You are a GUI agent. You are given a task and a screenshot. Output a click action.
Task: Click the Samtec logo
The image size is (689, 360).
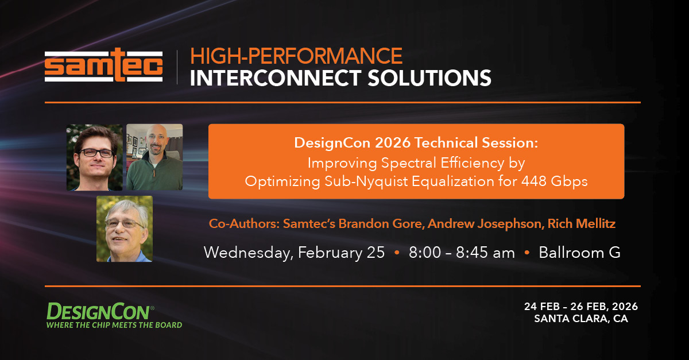pyautogui.click(x=104, y=68)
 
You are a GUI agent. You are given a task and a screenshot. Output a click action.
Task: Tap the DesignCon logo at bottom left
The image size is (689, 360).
pyautogui.click(x=100, y=311)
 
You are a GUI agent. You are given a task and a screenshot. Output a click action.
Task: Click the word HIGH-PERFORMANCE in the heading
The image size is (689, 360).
pyautogui.click(x=296, y=56)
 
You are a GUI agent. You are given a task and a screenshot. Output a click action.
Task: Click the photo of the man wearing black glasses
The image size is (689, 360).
pyautogui.click(x=94, y=157)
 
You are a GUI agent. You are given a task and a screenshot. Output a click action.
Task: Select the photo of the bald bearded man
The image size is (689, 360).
pyautogui.click(x=154, y=157)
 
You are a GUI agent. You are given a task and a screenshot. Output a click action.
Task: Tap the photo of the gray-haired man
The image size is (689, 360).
pyautogui.click(x=125, y=229)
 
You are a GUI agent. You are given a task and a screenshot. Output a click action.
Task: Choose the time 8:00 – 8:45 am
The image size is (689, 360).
pyautogui.click(x=462, y=253)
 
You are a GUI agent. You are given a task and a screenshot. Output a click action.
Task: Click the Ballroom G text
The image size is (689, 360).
pyautogui.click(x=579, y=253)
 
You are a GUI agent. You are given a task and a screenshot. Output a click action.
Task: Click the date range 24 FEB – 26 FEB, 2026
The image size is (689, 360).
pyautogui.click(x=580, y=307)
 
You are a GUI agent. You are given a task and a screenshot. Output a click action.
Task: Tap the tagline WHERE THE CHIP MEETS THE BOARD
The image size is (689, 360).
pyautogui.click(x=114, y=325)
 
